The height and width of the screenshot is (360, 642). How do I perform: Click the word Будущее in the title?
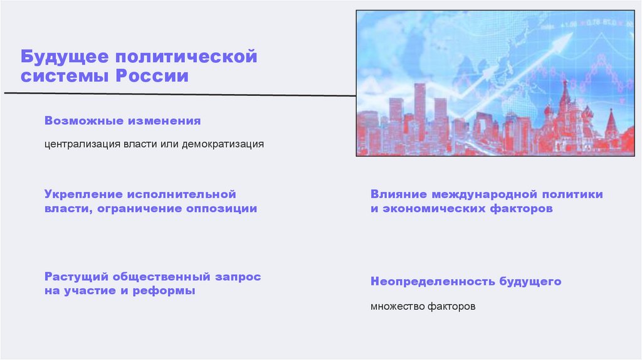[x=58, y=57]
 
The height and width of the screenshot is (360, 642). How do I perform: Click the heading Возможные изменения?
[x=122, y=120]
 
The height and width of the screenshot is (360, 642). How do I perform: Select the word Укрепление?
[x=82, y=194]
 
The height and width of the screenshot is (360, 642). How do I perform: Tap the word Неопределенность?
[x=433, y=282]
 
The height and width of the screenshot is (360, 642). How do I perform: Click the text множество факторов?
[x=423, y=307]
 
